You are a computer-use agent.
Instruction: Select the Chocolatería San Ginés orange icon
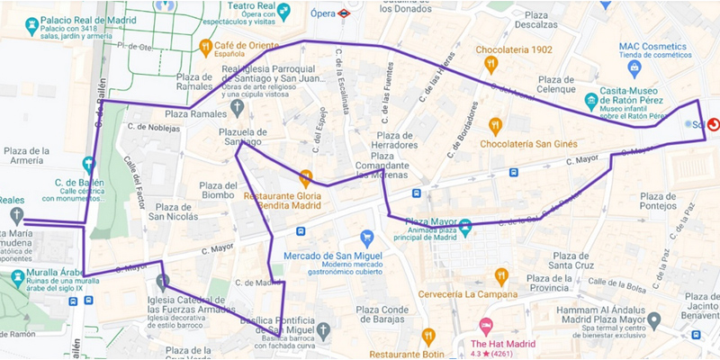[x=495, y=127]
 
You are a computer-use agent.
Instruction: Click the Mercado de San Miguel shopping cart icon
[x=366, y=238]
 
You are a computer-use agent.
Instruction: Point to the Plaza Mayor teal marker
[x=465, y=226]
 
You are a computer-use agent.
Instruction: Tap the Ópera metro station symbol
[x=345, y=13]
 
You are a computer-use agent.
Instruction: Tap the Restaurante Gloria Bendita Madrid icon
[x=305, y=176]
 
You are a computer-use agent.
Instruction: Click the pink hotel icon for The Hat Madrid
[x=486, y=326]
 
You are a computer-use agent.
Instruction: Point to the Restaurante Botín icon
[x=428, y=337]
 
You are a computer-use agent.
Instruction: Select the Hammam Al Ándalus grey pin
[x=654, y=320]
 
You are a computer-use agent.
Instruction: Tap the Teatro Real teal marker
[x=284, y=12]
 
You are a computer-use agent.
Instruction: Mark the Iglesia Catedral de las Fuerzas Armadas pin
[x=162, y=283]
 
